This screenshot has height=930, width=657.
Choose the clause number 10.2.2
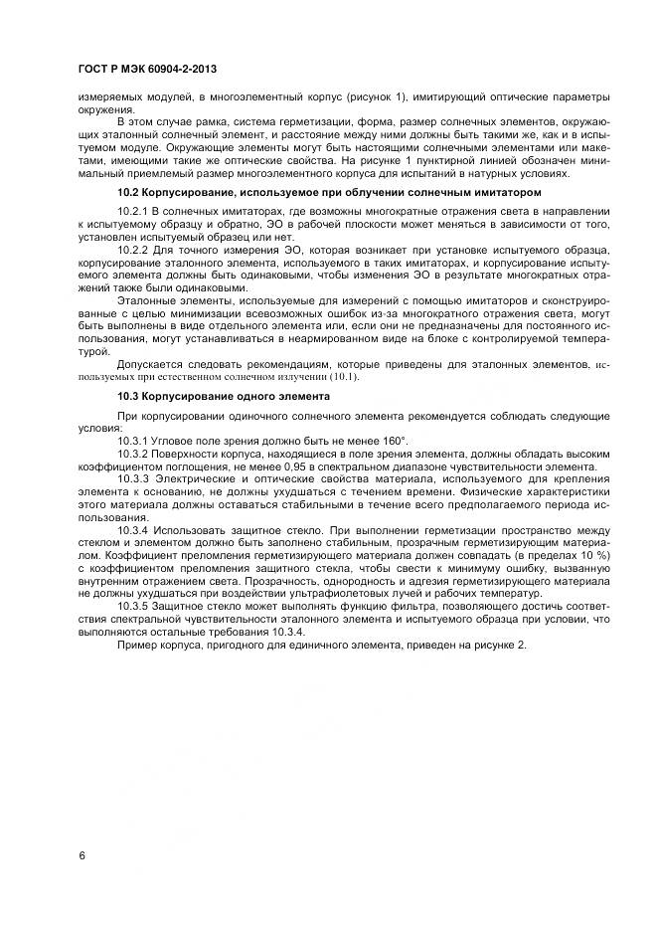133,250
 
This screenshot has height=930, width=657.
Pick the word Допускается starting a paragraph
150,366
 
